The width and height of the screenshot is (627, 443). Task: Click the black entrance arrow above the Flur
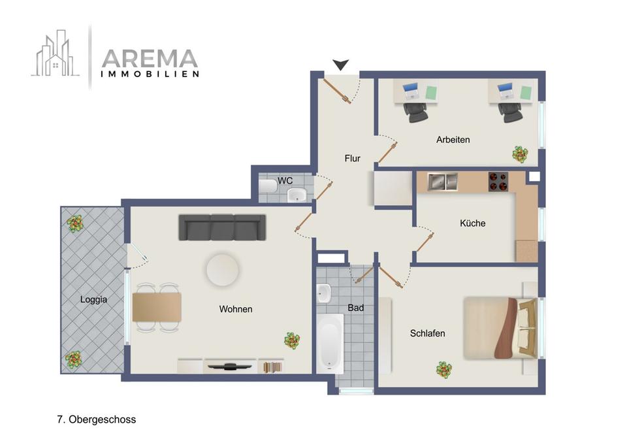[340, 64]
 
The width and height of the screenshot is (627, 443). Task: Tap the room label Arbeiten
[453, 140]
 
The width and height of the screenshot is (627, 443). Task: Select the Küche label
[472, 223]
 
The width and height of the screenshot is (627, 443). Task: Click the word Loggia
[93, 300]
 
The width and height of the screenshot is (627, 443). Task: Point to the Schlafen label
[427, 333]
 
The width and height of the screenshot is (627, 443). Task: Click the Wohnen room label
[236, 309]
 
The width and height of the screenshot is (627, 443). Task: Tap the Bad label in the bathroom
[355, 308]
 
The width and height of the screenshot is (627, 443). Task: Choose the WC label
[285, 180]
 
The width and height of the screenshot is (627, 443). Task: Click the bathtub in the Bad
[330, 342]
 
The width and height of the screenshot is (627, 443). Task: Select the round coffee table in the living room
[223, 270]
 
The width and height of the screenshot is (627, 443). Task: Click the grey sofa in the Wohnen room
[222, 227]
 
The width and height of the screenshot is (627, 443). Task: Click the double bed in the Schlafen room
[500, 328]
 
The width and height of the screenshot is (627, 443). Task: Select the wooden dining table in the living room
[157, 307]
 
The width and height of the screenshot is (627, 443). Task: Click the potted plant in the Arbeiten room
[520, 154]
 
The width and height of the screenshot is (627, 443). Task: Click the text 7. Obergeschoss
[97, 419]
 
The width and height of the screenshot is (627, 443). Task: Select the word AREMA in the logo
[150, 59]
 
